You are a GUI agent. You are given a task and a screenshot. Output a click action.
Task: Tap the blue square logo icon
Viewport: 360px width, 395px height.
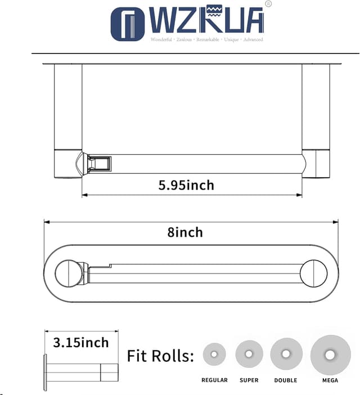[x=127, y=24]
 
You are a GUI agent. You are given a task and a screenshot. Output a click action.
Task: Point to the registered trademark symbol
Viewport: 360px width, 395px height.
[x=268, y=4]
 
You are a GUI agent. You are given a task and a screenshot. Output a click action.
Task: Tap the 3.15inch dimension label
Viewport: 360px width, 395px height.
[x=81, y=342]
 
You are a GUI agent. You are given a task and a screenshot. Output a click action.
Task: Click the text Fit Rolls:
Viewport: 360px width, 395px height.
[x=160, y=356]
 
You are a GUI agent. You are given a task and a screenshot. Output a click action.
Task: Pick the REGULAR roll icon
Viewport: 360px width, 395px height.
[x=214, y=354]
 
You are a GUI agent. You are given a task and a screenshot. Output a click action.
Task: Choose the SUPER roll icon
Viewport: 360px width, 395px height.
[x=249, y=354]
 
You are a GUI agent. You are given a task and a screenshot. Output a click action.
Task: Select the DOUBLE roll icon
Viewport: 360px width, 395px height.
[x=286, y=354]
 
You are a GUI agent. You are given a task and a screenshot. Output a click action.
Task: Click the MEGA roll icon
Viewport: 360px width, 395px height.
[x=330, y=354]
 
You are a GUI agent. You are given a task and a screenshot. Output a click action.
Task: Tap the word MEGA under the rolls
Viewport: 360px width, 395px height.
[x=330, y=380]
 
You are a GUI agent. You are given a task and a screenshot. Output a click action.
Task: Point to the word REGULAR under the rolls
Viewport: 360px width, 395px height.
[x=214, y=380]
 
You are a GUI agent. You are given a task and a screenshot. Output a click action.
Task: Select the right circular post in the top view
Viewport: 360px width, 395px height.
[x=313, y=273]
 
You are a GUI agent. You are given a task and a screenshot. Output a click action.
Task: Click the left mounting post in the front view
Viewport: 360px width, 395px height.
[x=68, y=120]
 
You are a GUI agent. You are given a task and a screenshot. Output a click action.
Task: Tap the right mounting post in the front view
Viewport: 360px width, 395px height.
[x=316, y=120]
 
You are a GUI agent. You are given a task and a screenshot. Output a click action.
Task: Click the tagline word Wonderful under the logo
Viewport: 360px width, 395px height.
[x=162, y=40]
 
